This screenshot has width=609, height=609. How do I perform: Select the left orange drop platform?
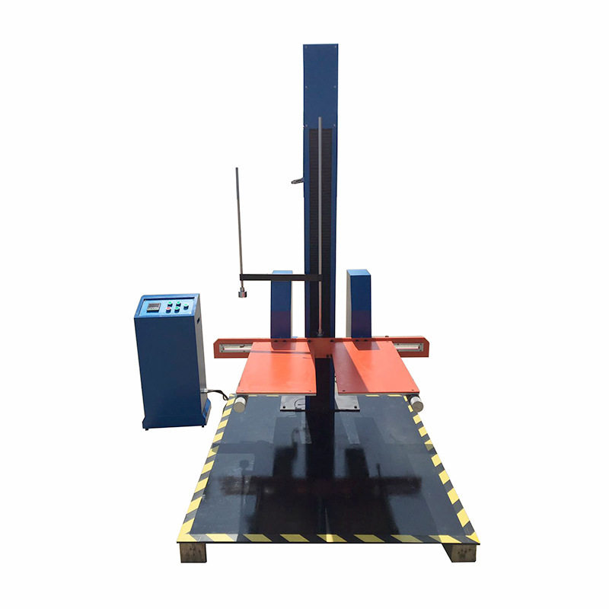click(278, 367)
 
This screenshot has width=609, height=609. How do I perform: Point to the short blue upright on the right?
click(359, 303)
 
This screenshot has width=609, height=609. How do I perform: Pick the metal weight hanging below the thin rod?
click(243, 291)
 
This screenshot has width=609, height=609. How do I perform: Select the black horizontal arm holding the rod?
click(277, 277)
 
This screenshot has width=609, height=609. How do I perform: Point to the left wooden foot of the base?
click(193, 551)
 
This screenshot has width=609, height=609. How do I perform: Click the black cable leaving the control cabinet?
click(218, 394)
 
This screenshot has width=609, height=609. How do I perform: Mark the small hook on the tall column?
click(297, 180)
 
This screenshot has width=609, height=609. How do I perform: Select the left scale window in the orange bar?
click(233, 346)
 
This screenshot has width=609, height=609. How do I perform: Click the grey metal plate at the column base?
click(298, 403)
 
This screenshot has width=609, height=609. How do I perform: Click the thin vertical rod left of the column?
click(238, 221)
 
